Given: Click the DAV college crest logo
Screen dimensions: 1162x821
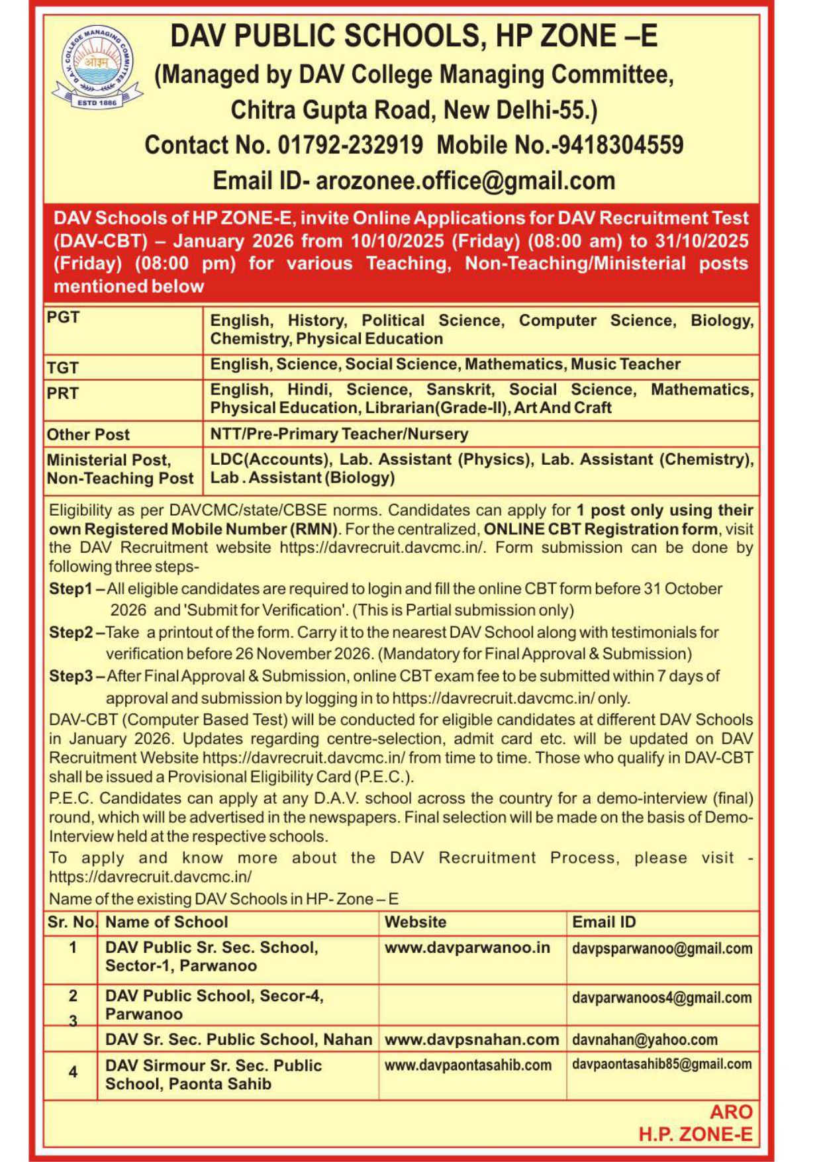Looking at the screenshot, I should coord(97,67).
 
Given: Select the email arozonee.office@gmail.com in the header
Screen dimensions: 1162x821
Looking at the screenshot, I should coord(465,181).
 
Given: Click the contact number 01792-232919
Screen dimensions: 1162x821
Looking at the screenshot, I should coord(350,145).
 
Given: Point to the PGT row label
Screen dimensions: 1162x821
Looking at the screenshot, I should coord(63,318).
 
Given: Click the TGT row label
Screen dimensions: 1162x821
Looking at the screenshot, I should coord(63,367).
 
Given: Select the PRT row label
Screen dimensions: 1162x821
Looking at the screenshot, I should coord(63,393).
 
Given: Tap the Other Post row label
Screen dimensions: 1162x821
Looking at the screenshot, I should coord(88,435).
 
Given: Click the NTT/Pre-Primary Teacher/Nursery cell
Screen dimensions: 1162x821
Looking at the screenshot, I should coord(339,434).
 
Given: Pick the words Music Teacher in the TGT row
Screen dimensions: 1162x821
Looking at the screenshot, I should coord(626,364).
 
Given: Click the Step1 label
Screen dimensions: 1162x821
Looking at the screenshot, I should coord(70,589).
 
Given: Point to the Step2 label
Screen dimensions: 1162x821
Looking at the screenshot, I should coord(71,632).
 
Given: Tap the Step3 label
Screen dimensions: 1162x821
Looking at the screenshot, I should coord(71,676).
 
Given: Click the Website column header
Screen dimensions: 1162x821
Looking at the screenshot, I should coord(415,922).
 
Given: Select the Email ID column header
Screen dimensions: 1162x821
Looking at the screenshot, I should coord(603,922).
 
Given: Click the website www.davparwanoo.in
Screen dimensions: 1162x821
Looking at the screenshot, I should coord(467,947).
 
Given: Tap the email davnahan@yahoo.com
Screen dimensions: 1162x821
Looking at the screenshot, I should coord(644,1040).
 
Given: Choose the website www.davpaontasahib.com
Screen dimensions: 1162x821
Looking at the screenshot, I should coord(467,1065).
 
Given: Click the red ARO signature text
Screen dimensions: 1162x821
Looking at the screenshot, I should coord(731,1112).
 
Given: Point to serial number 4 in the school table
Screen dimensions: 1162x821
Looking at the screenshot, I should coord(73,1072).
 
